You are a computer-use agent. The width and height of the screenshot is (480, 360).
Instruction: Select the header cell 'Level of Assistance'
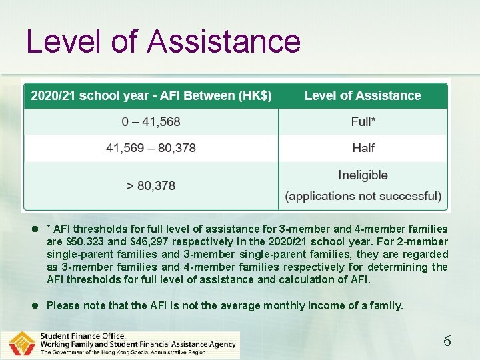363,96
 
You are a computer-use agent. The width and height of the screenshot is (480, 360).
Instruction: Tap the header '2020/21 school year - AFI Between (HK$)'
151,96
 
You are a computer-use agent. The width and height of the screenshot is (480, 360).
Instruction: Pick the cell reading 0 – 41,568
151,122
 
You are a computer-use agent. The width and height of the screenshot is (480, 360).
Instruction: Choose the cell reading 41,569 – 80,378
151,148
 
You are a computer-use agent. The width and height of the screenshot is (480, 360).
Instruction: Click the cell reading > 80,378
151,185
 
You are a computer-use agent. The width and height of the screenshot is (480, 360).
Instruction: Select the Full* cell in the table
363,122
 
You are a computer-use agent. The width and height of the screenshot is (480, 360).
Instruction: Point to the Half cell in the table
363,148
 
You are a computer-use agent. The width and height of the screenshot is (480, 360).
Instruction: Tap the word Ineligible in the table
363,175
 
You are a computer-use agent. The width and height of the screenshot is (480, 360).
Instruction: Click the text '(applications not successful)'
363,196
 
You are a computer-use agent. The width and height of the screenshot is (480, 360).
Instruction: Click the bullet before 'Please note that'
35,305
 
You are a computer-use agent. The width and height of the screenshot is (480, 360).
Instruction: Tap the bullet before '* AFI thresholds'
35,229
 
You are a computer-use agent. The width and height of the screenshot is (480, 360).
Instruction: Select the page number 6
447,341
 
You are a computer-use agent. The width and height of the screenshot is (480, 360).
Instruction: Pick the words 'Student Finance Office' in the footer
83,336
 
